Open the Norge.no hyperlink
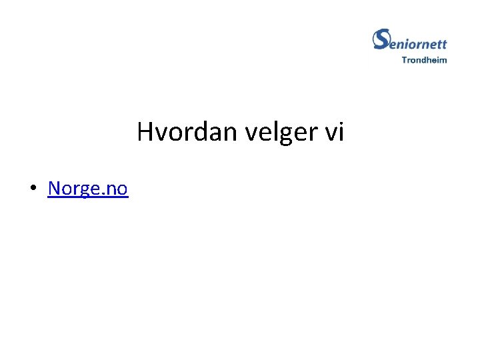[87, 189]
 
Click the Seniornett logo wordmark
[409, 41]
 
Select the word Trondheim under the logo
[424, 60]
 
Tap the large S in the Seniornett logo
[381, 39]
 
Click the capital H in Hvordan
[145, 133]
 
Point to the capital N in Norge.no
[54, 189]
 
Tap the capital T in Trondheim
[404, 60]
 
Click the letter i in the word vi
[340, 133]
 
